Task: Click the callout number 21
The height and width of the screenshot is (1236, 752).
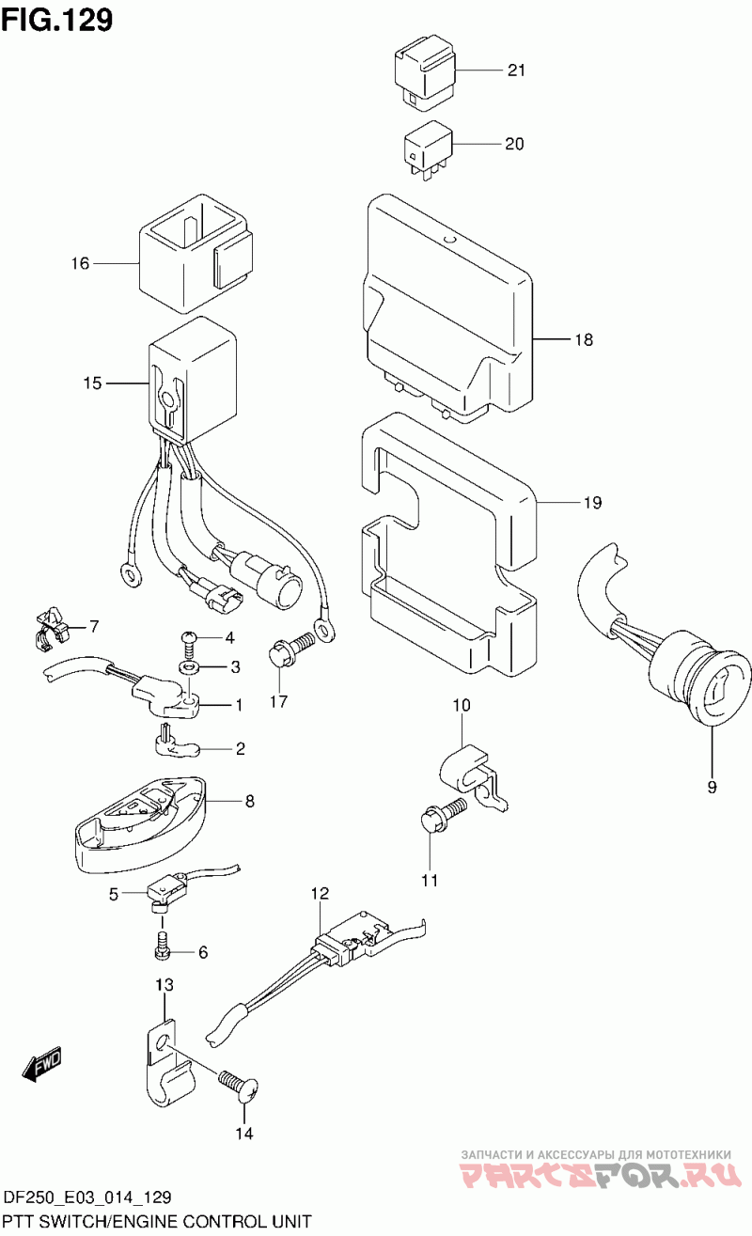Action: coord(517,70)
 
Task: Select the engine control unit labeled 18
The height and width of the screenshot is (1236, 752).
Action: coord(442,310)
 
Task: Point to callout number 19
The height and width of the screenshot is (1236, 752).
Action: coord(590,503)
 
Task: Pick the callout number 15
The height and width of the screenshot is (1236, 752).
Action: coord(91,383)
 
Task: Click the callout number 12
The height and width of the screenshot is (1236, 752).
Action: coord(320,892)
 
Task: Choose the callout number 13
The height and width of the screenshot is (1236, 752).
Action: coord(164,985)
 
